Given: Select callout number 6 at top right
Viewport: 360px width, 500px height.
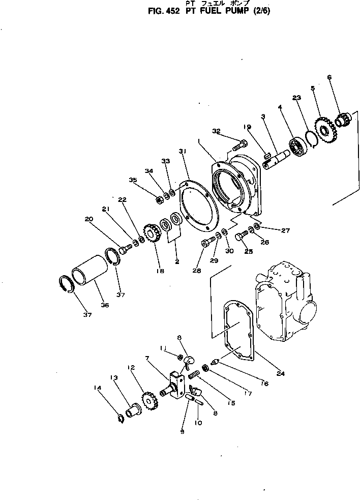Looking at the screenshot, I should pyautogui.click(x=329, y=78).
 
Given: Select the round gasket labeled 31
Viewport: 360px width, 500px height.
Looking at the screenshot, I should pyautogui.click(x=198, y=209).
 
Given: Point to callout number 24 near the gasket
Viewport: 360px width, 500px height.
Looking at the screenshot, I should pyautogui.click(x=281, y=374).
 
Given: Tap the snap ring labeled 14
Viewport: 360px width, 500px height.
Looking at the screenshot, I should pyautogui.click(x=121, y=418).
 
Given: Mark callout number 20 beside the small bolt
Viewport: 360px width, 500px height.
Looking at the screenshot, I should pyautogui.click(x=89, y=219).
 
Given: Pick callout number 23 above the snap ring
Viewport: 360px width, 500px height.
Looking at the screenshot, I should pyautogui.click(x=296, y=98).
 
